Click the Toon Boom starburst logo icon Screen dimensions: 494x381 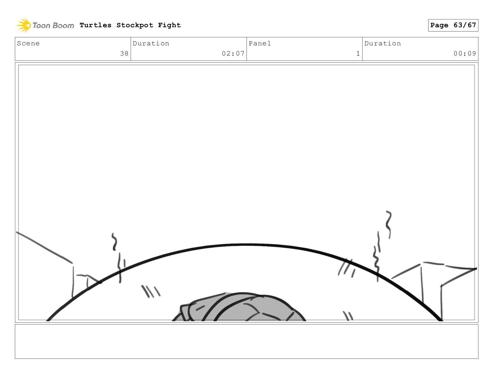24,25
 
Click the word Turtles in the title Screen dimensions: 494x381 96,25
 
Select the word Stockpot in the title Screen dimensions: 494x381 135,25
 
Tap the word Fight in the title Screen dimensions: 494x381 169,25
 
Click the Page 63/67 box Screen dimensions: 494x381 453,25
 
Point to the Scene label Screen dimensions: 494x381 28,43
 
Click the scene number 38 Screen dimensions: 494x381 124,53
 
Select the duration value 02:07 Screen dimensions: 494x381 233,53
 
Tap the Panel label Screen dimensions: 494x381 260,43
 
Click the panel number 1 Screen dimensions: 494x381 358,53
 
